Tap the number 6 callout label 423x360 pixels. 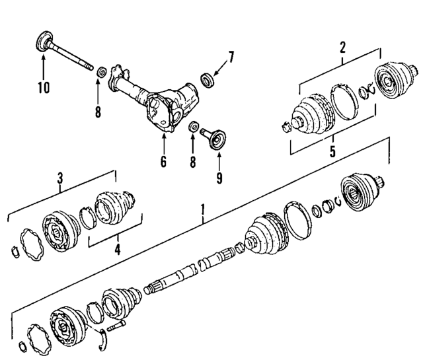pos(163,161)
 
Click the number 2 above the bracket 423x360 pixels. pos(342,46)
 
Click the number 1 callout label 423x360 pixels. pos(204,211)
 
